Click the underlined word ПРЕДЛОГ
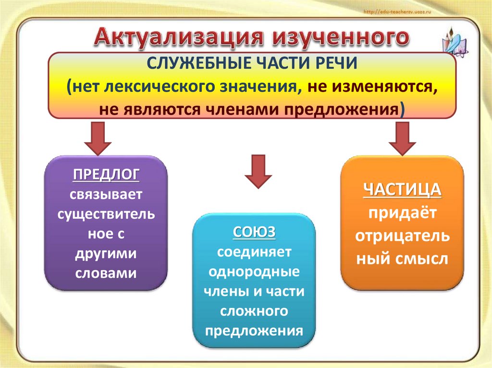click(x=106, y=174)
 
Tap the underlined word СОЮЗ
click(x=254, y=232)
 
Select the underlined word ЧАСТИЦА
click(x=402, y=190)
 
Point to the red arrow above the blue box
click(x=258, y=172)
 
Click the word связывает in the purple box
click(x=106, y=194)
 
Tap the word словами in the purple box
click(x=106, y=273)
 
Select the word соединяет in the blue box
click(x=254, y=252)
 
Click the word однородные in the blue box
click(x=254, y=272)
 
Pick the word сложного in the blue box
click(x=254, y=311)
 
